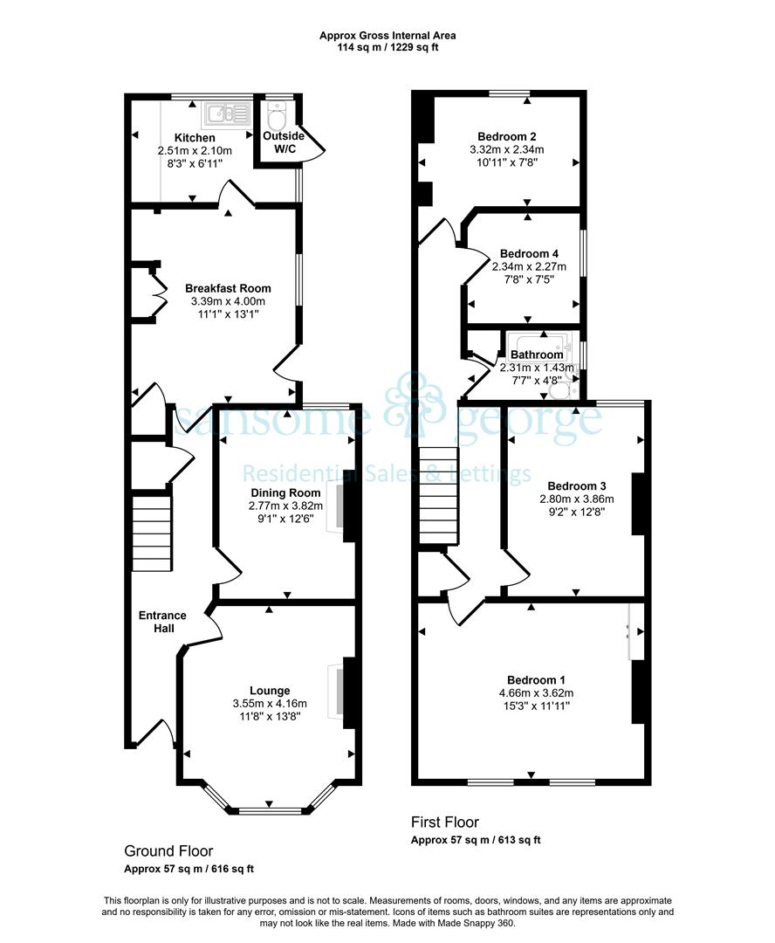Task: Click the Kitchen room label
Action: (x=195, y=138)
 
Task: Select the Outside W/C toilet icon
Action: (x=277, y=117)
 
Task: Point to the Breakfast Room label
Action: (x=228, y=288)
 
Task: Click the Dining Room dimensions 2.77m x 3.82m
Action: (x=285, y=506)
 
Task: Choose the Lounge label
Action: (x=270, y=691)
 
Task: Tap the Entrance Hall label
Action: (x=162, y=622)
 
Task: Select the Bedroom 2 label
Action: (x=507, y=136)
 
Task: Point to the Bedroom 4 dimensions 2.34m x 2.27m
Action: (x=529, y=266)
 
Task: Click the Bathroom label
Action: (x=537, y=354)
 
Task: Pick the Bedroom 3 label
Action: (x=577, y=486)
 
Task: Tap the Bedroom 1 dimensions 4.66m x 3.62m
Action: (x=537, y=692)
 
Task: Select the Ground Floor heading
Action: (x=168, y=851)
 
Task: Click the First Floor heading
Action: (x=445, y=822)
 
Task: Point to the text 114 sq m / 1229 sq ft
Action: (x=387, y=47)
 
